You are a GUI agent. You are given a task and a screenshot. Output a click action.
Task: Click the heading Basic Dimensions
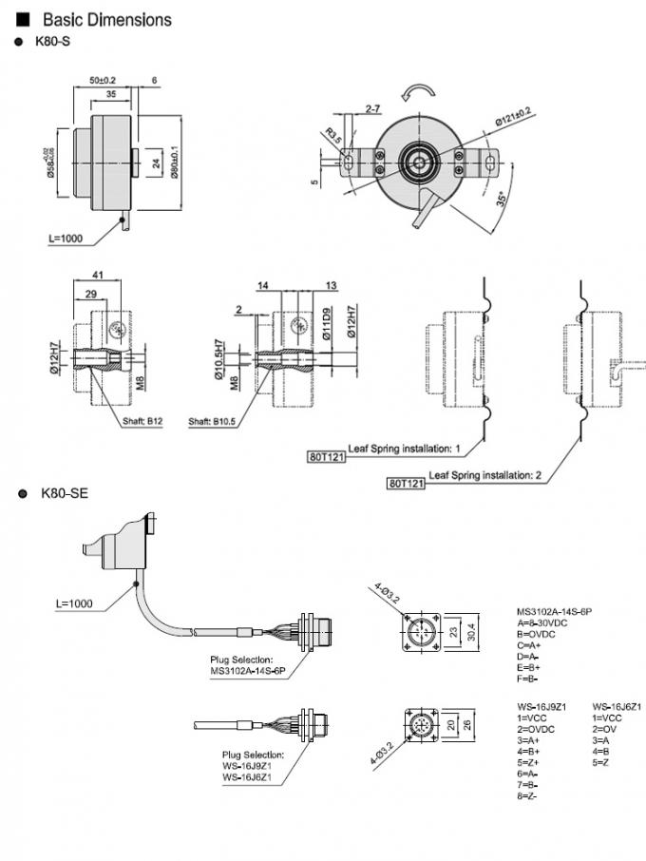[x=107, y=19]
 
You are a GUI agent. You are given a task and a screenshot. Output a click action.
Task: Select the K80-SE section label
[x=65, y=493]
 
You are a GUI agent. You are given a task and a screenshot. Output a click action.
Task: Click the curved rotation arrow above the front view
[x=416, y=90]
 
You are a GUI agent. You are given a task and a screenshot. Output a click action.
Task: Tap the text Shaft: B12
[x=142, y=420]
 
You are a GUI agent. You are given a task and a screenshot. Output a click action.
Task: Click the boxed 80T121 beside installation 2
[x=406, y=484]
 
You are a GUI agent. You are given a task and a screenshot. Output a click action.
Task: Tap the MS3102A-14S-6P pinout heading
[x=560, y=611]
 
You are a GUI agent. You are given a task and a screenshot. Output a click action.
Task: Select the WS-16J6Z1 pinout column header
[x=617, y=706]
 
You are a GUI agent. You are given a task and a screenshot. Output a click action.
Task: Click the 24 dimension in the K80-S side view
[x=156, y=163]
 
